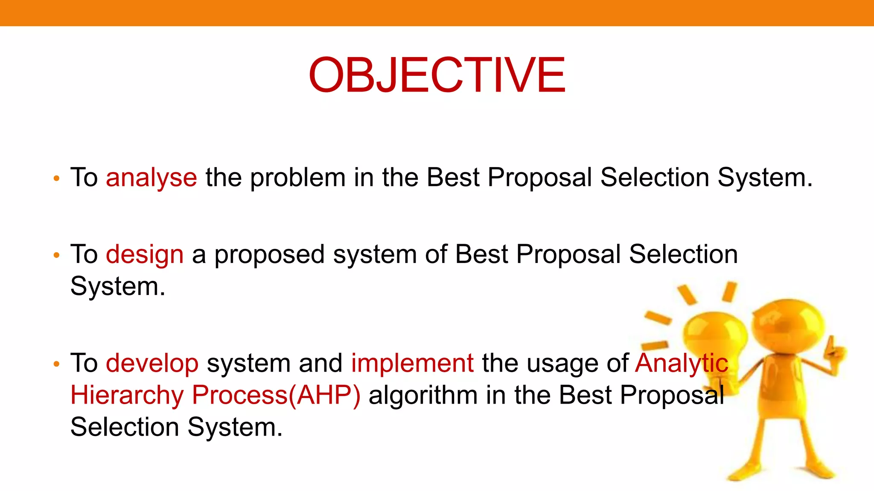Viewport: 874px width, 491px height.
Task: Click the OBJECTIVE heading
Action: click(437, 75)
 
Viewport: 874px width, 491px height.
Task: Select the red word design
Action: click(144, 254)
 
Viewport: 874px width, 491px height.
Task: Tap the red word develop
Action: click(152, 363)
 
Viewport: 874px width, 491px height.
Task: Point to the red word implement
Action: click(412, 363)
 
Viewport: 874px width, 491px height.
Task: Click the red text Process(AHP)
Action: click(276, 395)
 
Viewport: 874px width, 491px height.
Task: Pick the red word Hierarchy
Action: click(127, 395)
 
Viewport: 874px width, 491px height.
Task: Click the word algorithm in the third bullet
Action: click(422, 395)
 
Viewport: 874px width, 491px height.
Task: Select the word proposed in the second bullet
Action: click(269, 254)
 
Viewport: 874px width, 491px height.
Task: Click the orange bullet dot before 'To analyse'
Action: click(56, 179)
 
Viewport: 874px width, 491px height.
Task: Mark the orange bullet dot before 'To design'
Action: click(56, 256)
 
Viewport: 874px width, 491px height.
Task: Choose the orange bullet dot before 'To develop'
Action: click(56, 364)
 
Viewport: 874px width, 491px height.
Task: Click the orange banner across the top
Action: click(437, 13)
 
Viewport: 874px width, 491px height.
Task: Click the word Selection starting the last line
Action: click(124, 427)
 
